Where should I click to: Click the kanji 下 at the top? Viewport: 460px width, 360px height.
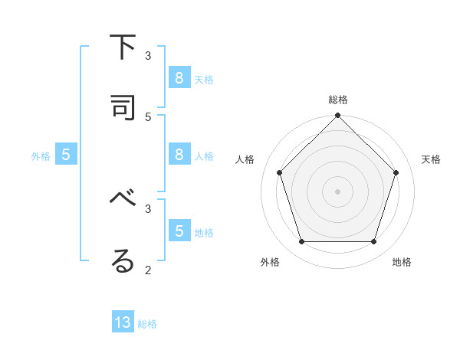click(x=123, y=47)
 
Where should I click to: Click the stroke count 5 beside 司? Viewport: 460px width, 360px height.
click(x=148, y=116)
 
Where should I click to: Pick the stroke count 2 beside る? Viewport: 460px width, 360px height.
click(x=148, y=270)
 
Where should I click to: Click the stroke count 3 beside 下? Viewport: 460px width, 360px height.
click(x=148, y=55)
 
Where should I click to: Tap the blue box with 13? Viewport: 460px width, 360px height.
click(x=123, y=322)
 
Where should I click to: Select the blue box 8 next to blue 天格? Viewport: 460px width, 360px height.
click(x=179, y=77)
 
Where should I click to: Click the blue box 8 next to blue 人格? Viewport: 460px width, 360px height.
click(x=179, y=154)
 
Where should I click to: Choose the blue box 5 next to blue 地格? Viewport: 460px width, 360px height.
click(x=179, y=231)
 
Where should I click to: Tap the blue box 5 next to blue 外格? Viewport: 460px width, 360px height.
click(x=66, y=154)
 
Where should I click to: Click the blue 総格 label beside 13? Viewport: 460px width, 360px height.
click(x=147, y=324)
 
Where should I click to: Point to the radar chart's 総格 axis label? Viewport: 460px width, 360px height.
click(x=337, y=100)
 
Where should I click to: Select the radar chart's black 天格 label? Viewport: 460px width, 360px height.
click(x=431, y=159)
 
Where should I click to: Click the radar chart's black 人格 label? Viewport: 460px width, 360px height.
click(x=245, y=159)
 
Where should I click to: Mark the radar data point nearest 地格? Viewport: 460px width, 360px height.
click(x=373, y=241)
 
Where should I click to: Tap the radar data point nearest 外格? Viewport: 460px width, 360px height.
click(x=301, y=241)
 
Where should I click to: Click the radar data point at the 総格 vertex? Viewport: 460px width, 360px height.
click(x=337, y=116)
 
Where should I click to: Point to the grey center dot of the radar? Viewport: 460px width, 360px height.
click(x=337, y=191)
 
